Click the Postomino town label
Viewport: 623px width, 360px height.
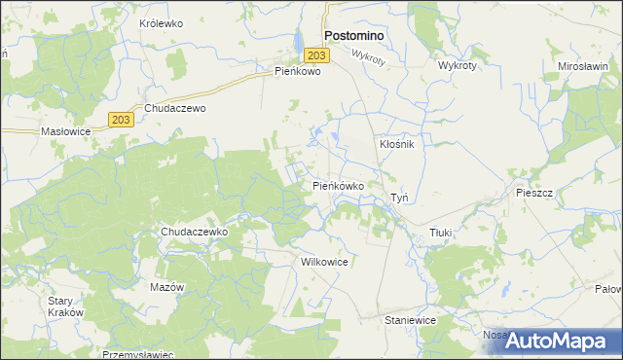tap(352, 35)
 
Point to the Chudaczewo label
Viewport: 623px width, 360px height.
tap(175, 109)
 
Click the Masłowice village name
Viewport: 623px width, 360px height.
tap(65, 130)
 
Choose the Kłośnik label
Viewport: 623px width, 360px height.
tap(396, 144)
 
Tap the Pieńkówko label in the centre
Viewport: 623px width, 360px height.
tap(338, 185)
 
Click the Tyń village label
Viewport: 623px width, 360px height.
tap(399, 198)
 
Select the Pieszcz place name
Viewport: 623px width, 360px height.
tap(534, 194)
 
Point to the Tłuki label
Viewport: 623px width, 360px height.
tap(443, 233)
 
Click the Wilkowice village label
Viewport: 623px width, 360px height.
tap(325, 263)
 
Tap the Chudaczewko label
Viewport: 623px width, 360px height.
tap(194, 233)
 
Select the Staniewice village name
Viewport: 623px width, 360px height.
tap(410, 319)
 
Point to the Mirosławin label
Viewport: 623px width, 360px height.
tap(583, 66)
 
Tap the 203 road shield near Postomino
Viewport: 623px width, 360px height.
tap(321, 56)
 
